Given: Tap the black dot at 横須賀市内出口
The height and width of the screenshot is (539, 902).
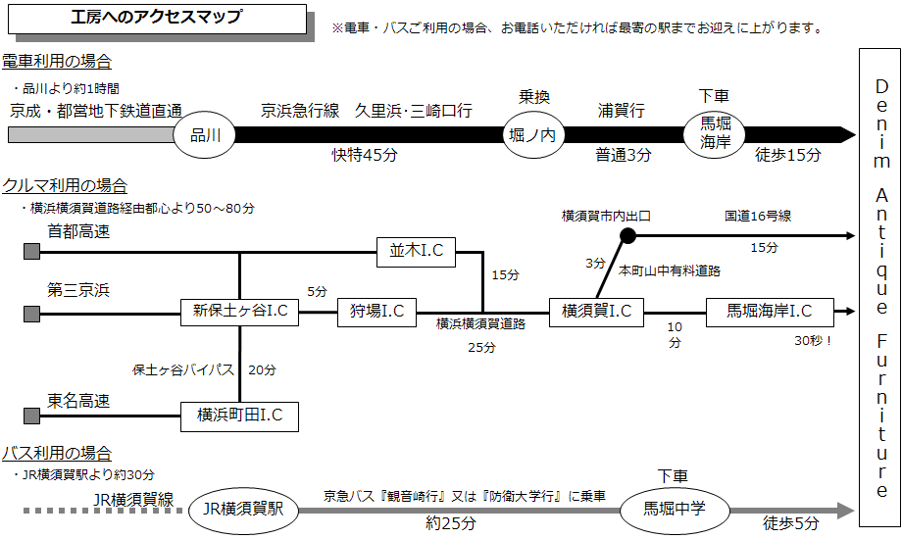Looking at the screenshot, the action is tap(627, 236).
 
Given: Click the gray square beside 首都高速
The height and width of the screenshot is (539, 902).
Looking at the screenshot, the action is tap(31, 252).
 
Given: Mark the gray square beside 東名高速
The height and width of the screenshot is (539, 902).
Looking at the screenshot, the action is tap(31, 416).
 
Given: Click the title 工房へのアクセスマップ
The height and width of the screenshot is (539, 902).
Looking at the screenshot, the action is tap(157, 18).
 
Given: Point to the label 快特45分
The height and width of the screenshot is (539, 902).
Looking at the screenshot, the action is tap(364, 155).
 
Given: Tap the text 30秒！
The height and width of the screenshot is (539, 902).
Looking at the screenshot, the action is tap(814, 340).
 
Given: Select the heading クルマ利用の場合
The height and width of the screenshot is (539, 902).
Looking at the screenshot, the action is tap(65, 186).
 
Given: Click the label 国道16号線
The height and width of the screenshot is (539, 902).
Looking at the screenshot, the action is tap(758, 216).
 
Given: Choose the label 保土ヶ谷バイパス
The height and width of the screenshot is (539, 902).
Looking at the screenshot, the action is tap(183, 369).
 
